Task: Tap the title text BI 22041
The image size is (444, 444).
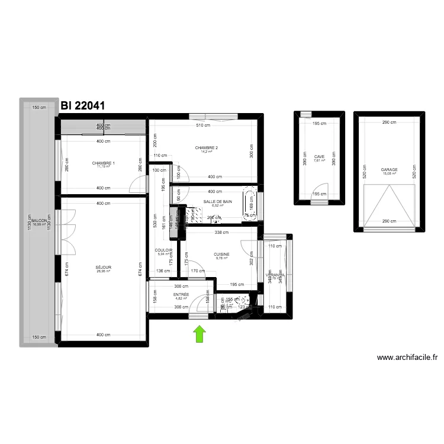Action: tap(83, 106)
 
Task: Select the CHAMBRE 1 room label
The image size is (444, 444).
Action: tap(104, 163)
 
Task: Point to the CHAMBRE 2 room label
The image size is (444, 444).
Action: tap(207, 147)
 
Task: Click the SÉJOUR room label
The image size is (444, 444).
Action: tap(104, 267)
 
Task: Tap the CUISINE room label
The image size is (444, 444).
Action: tap(222, 254)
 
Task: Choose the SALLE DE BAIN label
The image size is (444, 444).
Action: tap(218, 201)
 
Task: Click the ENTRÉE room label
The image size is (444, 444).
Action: tap(181, 294)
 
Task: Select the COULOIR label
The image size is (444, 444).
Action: tap(163, 250)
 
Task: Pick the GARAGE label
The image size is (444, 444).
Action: tap(389, 170)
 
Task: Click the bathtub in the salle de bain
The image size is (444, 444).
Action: tap(250, 205)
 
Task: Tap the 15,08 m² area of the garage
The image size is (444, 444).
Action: tap(389, 174)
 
